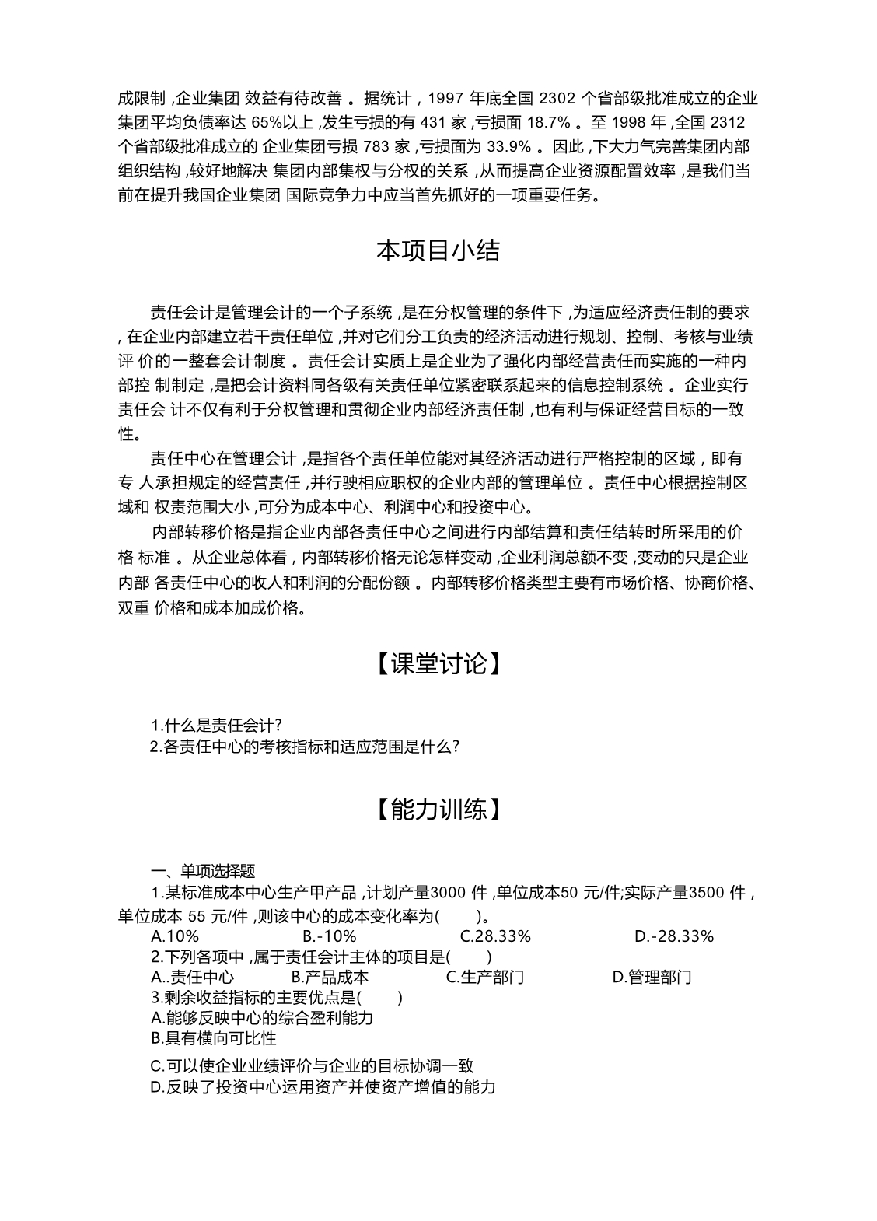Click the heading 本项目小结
point(438,251)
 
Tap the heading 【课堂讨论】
point(438,663)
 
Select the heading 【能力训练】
point(438,810)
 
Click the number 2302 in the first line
point(556,99)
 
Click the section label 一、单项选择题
point(203,871)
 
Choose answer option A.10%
point(175,936)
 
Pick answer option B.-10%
point(330,936)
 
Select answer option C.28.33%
point(495,936)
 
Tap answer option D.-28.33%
point(673,936)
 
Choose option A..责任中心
point(192,978)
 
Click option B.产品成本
point(330,978)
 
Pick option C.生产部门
point(484,978)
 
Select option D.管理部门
point(652,978)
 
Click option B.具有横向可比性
point(213,1038)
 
